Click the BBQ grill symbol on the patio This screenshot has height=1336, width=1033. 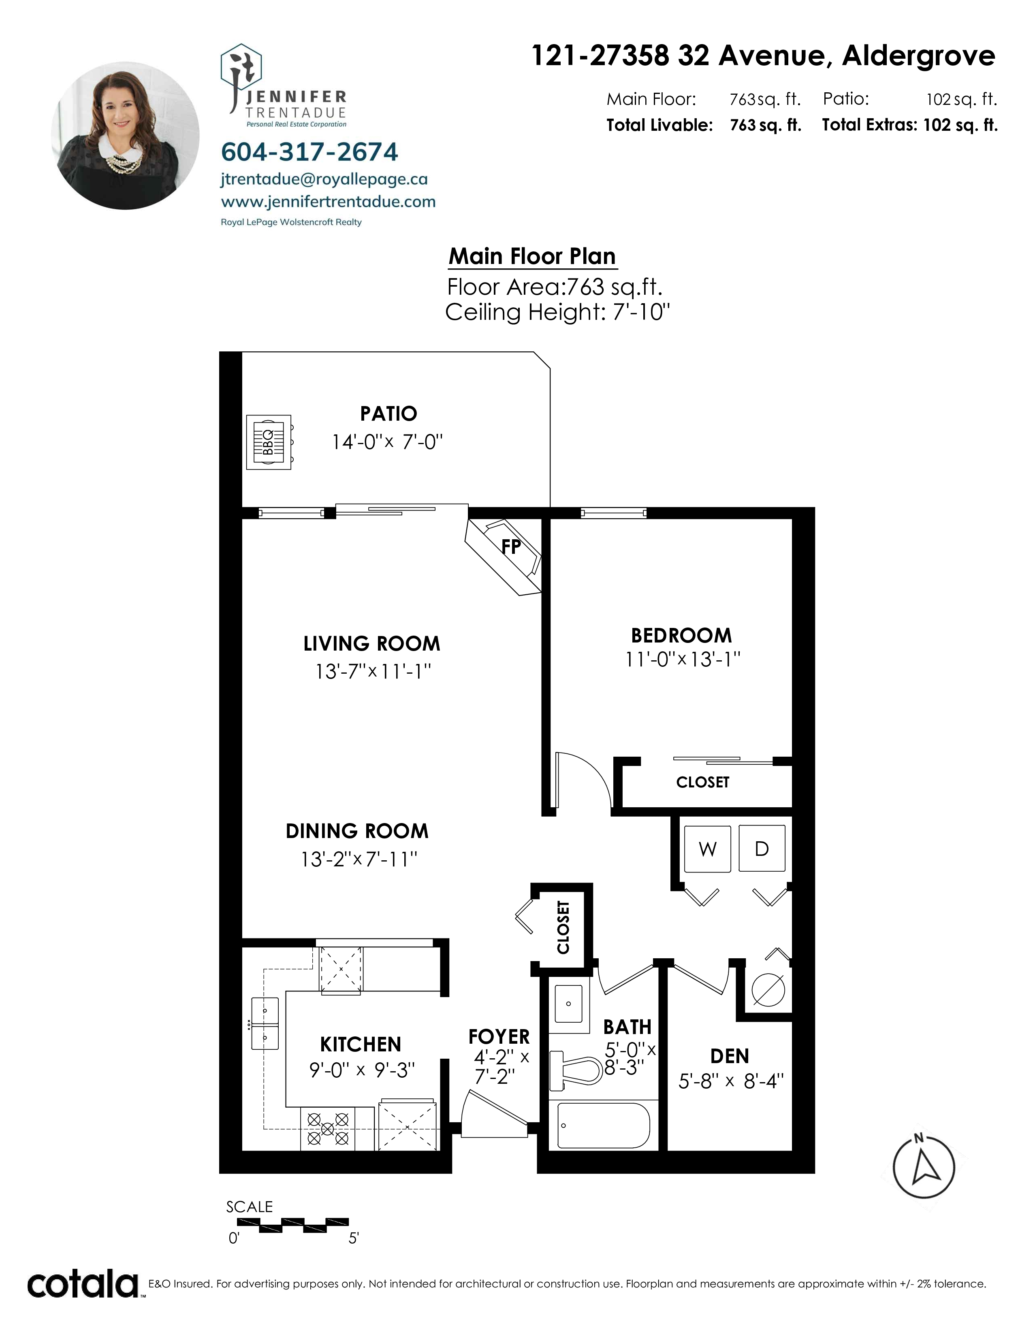[269, 442]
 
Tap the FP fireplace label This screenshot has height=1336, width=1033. [511, 546]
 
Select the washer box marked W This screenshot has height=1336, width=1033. [707, 849]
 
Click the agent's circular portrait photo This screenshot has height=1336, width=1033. [125, 135]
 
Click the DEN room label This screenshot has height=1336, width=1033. [730, 1056]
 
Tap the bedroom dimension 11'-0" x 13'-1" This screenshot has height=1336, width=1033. [683, 659]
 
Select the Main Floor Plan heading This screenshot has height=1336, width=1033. [532, 256]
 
